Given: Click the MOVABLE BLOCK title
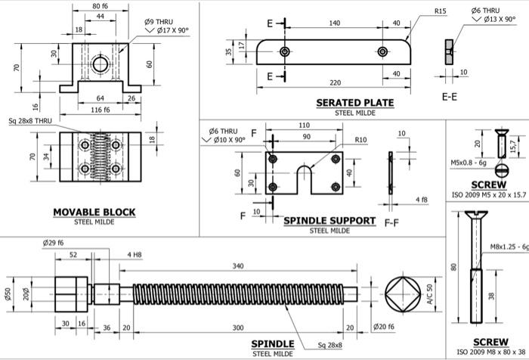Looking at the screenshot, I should (x=94, y=213).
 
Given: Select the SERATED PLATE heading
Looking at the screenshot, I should (x=354, y=103).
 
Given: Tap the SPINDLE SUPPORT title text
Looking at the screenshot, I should (x=329, y=221).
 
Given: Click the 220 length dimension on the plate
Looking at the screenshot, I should (x=335, y=83).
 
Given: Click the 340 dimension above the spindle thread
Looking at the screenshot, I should (x=239, y=266).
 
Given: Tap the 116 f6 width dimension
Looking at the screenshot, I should (x=100, y=110).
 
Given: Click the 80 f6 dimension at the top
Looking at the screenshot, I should (x=100, y=6).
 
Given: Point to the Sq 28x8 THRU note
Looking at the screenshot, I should (x=30, y=121).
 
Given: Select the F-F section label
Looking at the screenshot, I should (x=391, y=224).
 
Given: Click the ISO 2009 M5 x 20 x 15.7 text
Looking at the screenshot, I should (x=488, y=194).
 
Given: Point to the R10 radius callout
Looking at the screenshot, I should (x=360, y=140).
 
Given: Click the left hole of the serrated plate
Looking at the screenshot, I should (x=284, y=51).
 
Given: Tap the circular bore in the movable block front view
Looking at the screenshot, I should (x=99, y=61).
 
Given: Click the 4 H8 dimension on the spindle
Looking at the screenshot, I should (x=135, y=254).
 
